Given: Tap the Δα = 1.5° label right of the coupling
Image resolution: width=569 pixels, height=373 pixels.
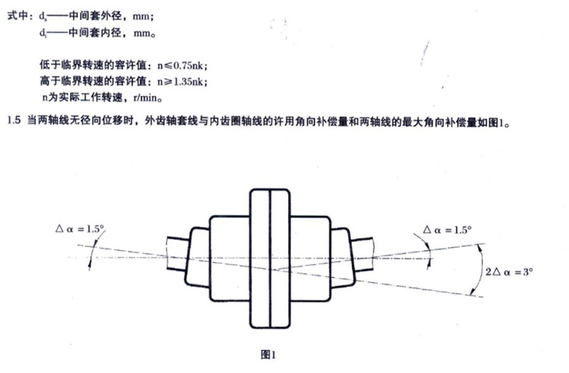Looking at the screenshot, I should click(x=447, y=228).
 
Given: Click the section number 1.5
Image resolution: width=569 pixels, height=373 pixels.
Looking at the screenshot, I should click(x=13, y=120).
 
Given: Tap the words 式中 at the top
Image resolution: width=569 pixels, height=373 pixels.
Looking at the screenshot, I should click(x=17, y=15).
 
